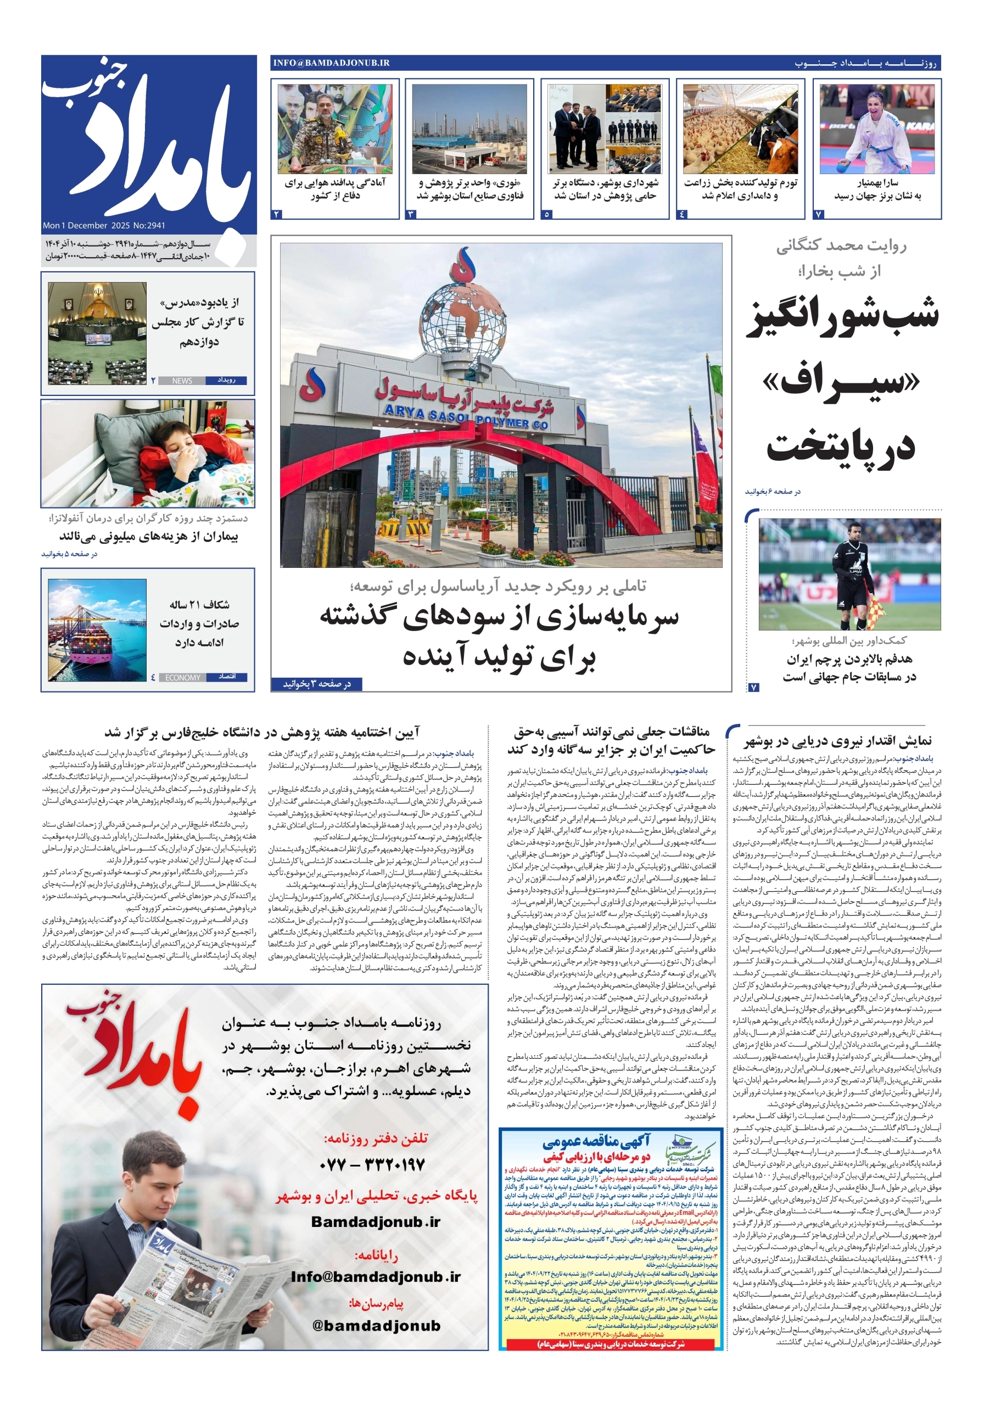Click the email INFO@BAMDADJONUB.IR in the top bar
[331, 63]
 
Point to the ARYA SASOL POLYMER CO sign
[465, 419]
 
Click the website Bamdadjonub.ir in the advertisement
[376, 1221]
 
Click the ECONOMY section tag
[182, 677]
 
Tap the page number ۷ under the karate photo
[819, 214]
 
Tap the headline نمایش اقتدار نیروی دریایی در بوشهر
[837, 741]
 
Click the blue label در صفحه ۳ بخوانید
[317, 683]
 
